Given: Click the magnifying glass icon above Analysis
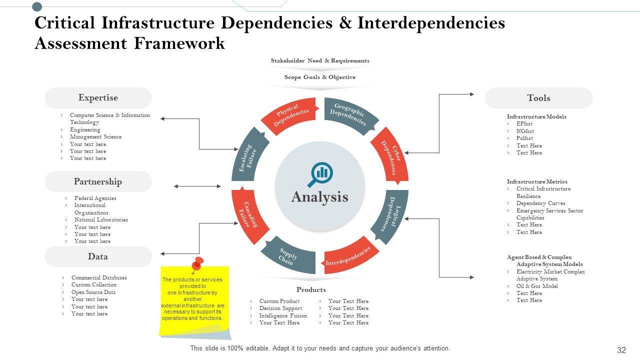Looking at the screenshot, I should click(x=320, y=173).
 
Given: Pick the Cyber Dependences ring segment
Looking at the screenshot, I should click(x=390, y=156).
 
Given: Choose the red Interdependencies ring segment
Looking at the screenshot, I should click(x=348, y=257).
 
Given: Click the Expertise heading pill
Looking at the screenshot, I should click(x=98, y=98).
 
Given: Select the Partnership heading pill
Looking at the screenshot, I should click(x=98, y=181).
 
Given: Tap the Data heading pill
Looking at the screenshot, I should click(x=98, y=256).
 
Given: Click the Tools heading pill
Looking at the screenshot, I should click(x=538, y=98).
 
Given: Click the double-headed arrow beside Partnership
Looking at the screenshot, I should click(x=197, y=186).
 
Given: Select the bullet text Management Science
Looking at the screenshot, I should click(x=95, y=136).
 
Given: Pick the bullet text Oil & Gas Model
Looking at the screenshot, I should click(x=537, y=286).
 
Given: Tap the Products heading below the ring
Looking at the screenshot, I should click(x=311, y=289).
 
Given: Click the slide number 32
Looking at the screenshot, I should click(x=621, y=350).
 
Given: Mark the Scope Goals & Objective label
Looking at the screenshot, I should click(x=320, y=77).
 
